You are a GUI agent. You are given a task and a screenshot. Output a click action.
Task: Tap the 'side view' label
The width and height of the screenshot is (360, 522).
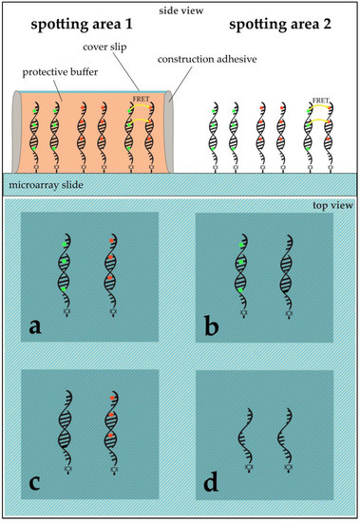pyautogui.click(x=179, y=9)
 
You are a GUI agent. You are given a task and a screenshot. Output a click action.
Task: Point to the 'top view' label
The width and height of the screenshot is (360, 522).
pyautogui.click(x=330, y=206)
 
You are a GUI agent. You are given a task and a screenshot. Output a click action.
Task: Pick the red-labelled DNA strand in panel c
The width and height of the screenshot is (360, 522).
pyautogui.click(x=110, y=422)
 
